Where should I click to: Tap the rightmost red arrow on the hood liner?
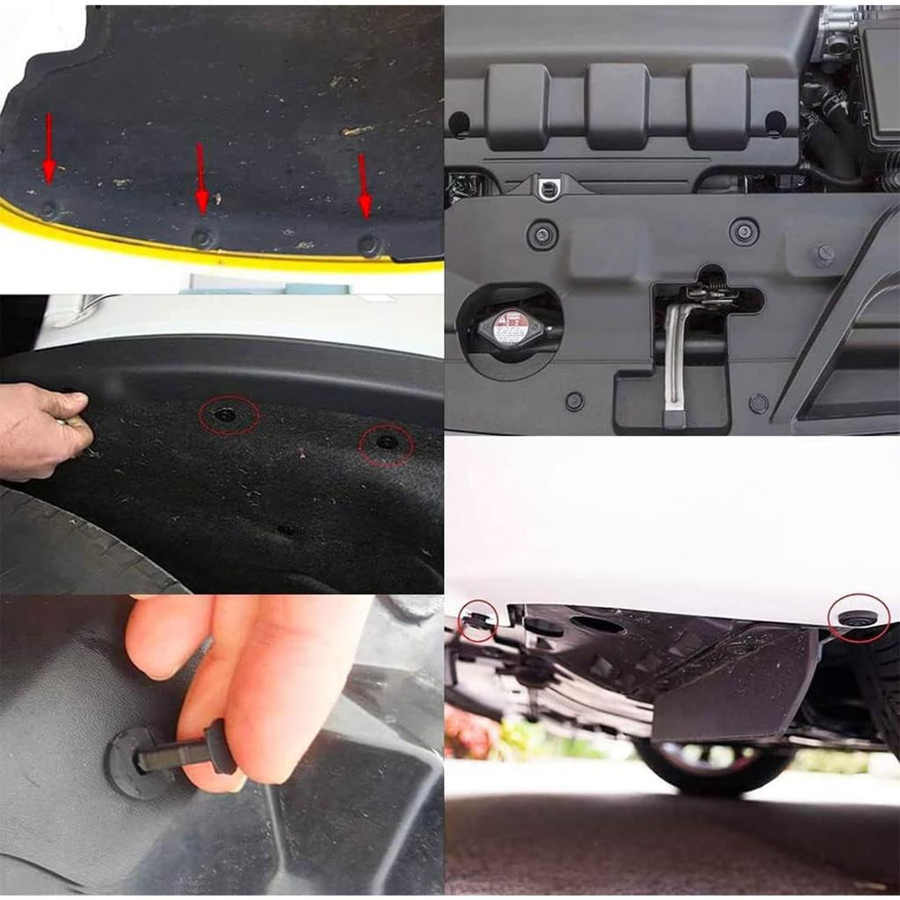point(364,185)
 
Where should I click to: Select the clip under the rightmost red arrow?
point(369,244)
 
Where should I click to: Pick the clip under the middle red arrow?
point(203,238)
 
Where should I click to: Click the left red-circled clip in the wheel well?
point(228,414)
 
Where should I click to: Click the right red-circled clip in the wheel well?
point(386,442)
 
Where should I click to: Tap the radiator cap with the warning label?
point(511,328)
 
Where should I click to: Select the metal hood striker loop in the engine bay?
point(548,187)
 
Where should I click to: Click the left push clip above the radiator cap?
point(541,235)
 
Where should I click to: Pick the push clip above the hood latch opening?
point(744,232)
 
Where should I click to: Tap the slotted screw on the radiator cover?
point(824,255)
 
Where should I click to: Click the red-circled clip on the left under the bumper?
point(478,620)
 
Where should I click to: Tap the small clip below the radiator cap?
point(574,401)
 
